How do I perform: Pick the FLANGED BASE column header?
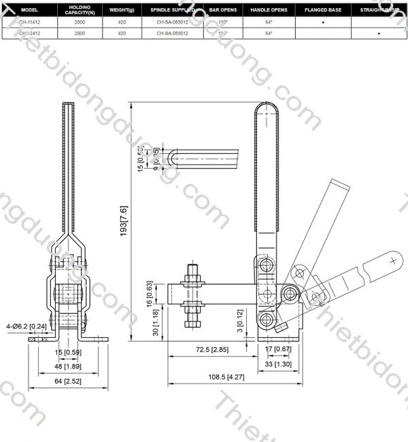pyautogui.click(x=322, y=11)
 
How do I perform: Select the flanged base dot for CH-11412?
pyautogui.click(x=322, y=22)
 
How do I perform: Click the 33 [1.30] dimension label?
pyautogui.click(x=275, y=364)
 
